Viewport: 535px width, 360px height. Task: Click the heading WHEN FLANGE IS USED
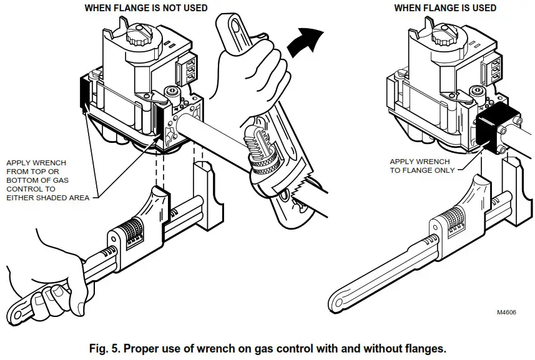(x=445, y=8)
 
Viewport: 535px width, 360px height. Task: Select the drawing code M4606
(x=508, y=313)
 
